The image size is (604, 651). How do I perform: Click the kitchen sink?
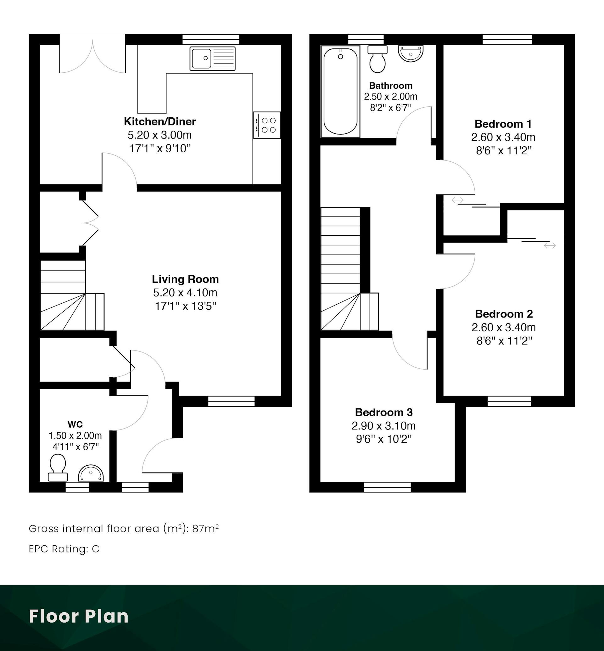(x=212, y=59)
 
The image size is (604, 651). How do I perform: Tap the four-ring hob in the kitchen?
(x=267, y=125)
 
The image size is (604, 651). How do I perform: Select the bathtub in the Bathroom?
(x=340, y=91)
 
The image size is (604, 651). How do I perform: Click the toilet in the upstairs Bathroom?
(x=377, y=59)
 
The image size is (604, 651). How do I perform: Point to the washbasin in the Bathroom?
(x=411, y=53)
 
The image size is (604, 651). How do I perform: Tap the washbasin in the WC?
(x=91, y=473)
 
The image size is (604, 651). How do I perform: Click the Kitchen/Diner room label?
(x=160, y=122)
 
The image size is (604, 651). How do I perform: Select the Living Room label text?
(x=185, y=279)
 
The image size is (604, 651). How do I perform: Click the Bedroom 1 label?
(x=503, y=124)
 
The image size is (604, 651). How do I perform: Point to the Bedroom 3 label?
(x=384, y=412)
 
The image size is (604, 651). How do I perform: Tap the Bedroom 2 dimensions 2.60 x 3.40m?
(x=504, y=327)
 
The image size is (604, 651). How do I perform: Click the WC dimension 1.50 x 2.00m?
(x=75, y=435)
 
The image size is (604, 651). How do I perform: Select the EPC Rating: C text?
(x=64, y=549)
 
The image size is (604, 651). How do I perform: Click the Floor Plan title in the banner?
(x=79, y=616)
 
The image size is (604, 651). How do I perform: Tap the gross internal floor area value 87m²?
(x=205, y=528)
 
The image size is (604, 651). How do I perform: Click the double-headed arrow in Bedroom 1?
(x=458, y=200)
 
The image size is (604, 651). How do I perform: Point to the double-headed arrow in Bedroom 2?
(x=550, y=245)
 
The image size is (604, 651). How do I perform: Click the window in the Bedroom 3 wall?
(x=387, y=487)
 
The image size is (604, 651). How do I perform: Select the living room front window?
(x=232, y=401)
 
